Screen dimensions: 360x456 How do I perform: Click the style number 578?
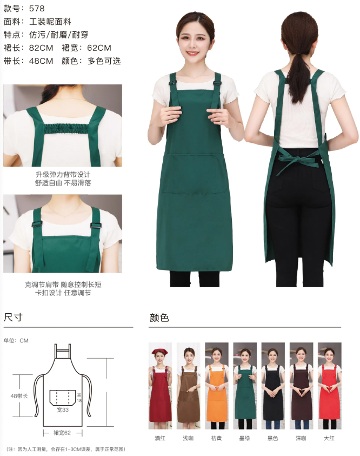[x=37, y=9]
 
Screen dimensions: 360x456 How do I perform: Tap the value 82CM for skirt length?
[x=41, y=48]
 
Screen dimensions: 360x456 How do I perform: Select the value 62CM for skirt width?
[x=99, y=48]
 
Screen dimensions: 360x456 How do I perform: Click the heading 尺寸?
[x=13, y=317]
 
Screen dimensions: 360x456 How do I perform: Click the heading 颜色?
[x=159, y=318]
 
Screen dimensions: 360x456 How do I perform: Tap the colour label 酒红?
[x=160, y=438]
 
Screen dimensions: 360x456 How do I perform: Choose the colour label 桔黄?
[x=216, y=438]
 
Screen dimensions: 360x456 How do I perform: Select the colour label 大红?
[x=329, y=438]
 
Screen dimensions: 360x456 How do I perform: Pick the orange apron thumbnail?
[x=216, y=386]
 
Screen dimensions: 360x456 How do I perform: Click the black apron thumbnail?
[x=273, y=386]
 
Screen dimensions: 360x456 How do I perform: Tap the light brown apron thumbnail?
[x=188, y=386]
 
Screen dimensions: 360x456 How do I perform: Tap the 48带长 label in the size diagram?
[x=19, y=396]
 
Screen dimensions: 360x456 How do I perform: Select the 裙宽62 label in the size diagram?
[x=62, y=433]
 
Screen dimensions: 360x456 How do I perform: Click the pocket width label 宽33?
[x=63, y=409]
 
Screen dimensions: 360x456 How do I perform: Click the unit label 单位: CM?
[x=16, y=341]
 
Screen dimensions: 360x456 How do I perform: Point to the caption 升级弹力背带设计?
[x=63, y=175]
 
